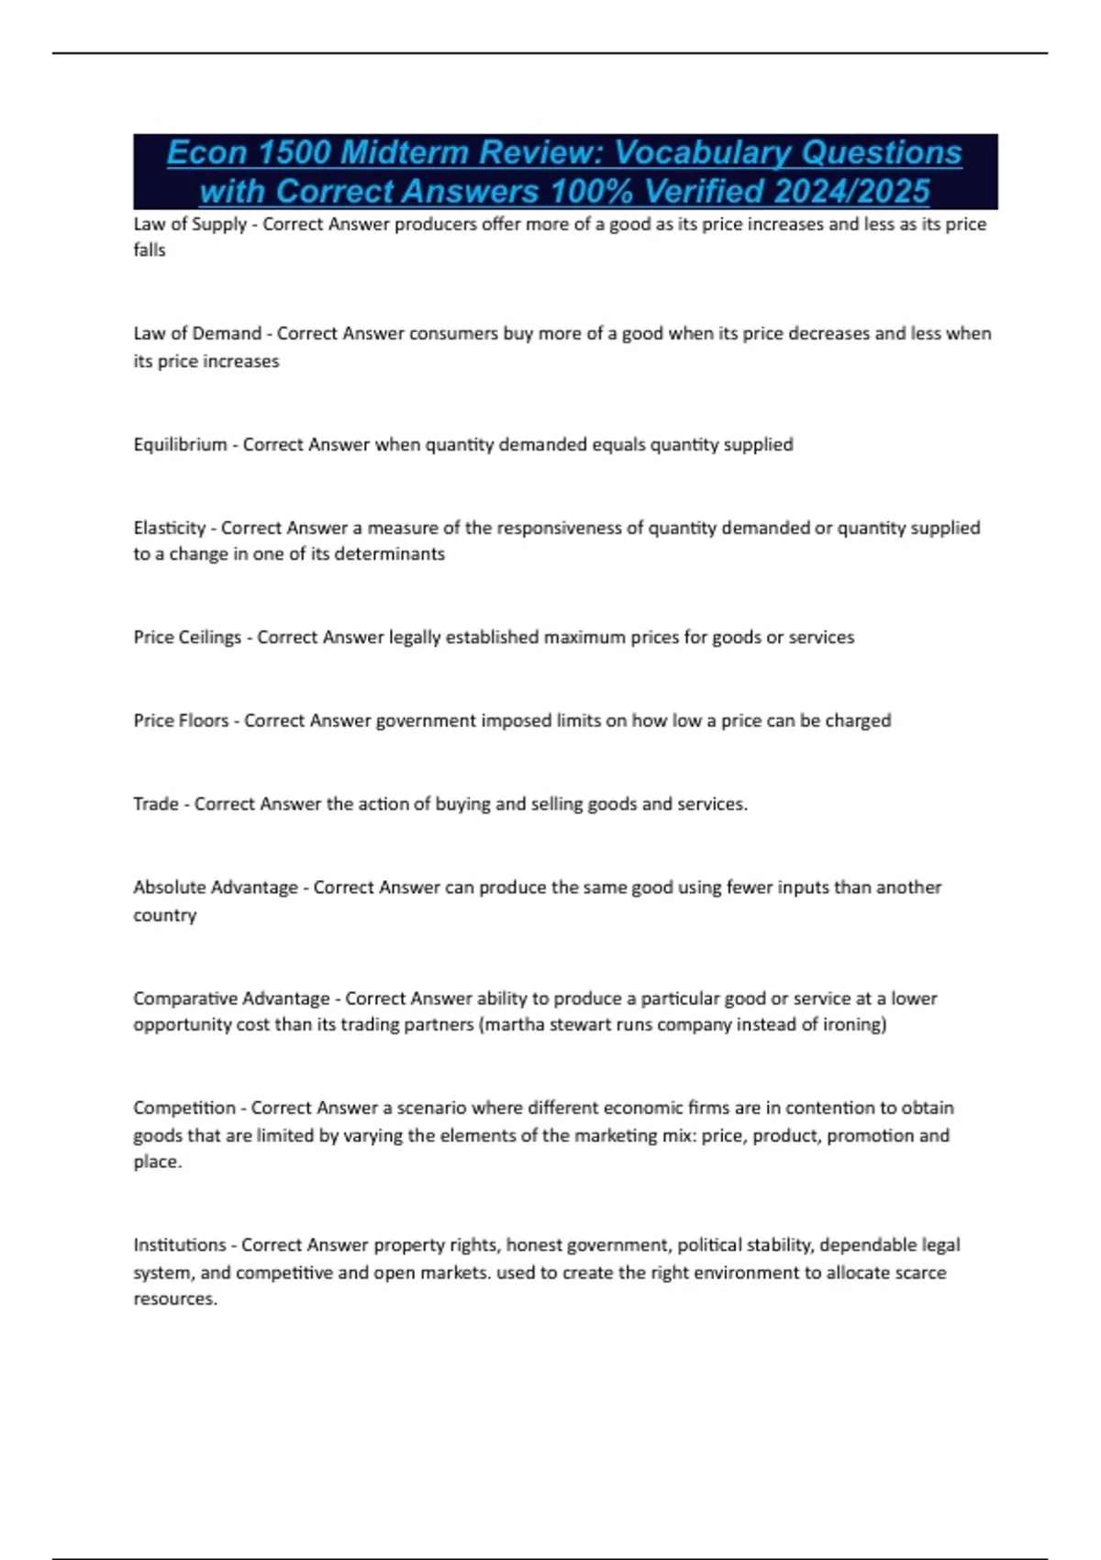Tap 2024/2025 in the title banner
click(x=851, y=192)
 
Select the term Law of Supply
click(x=190, y=224)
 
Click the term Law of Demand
click(x=197, y=333)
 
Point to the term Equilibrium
click(x=180, y=445)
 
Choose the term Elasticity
click(x=170, y=528)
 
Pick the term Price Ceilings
click(x=187, y=638)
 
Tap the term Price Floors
click(x=181, y=720)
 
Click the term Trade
click(x=156, y=804)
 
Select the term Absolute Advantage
click(x=216, y=887)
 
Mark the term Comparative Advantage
click(x=231, y=998)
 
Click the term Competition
click(x=184, y=1108)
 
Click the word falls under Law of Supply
click(x=150, y=251)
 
